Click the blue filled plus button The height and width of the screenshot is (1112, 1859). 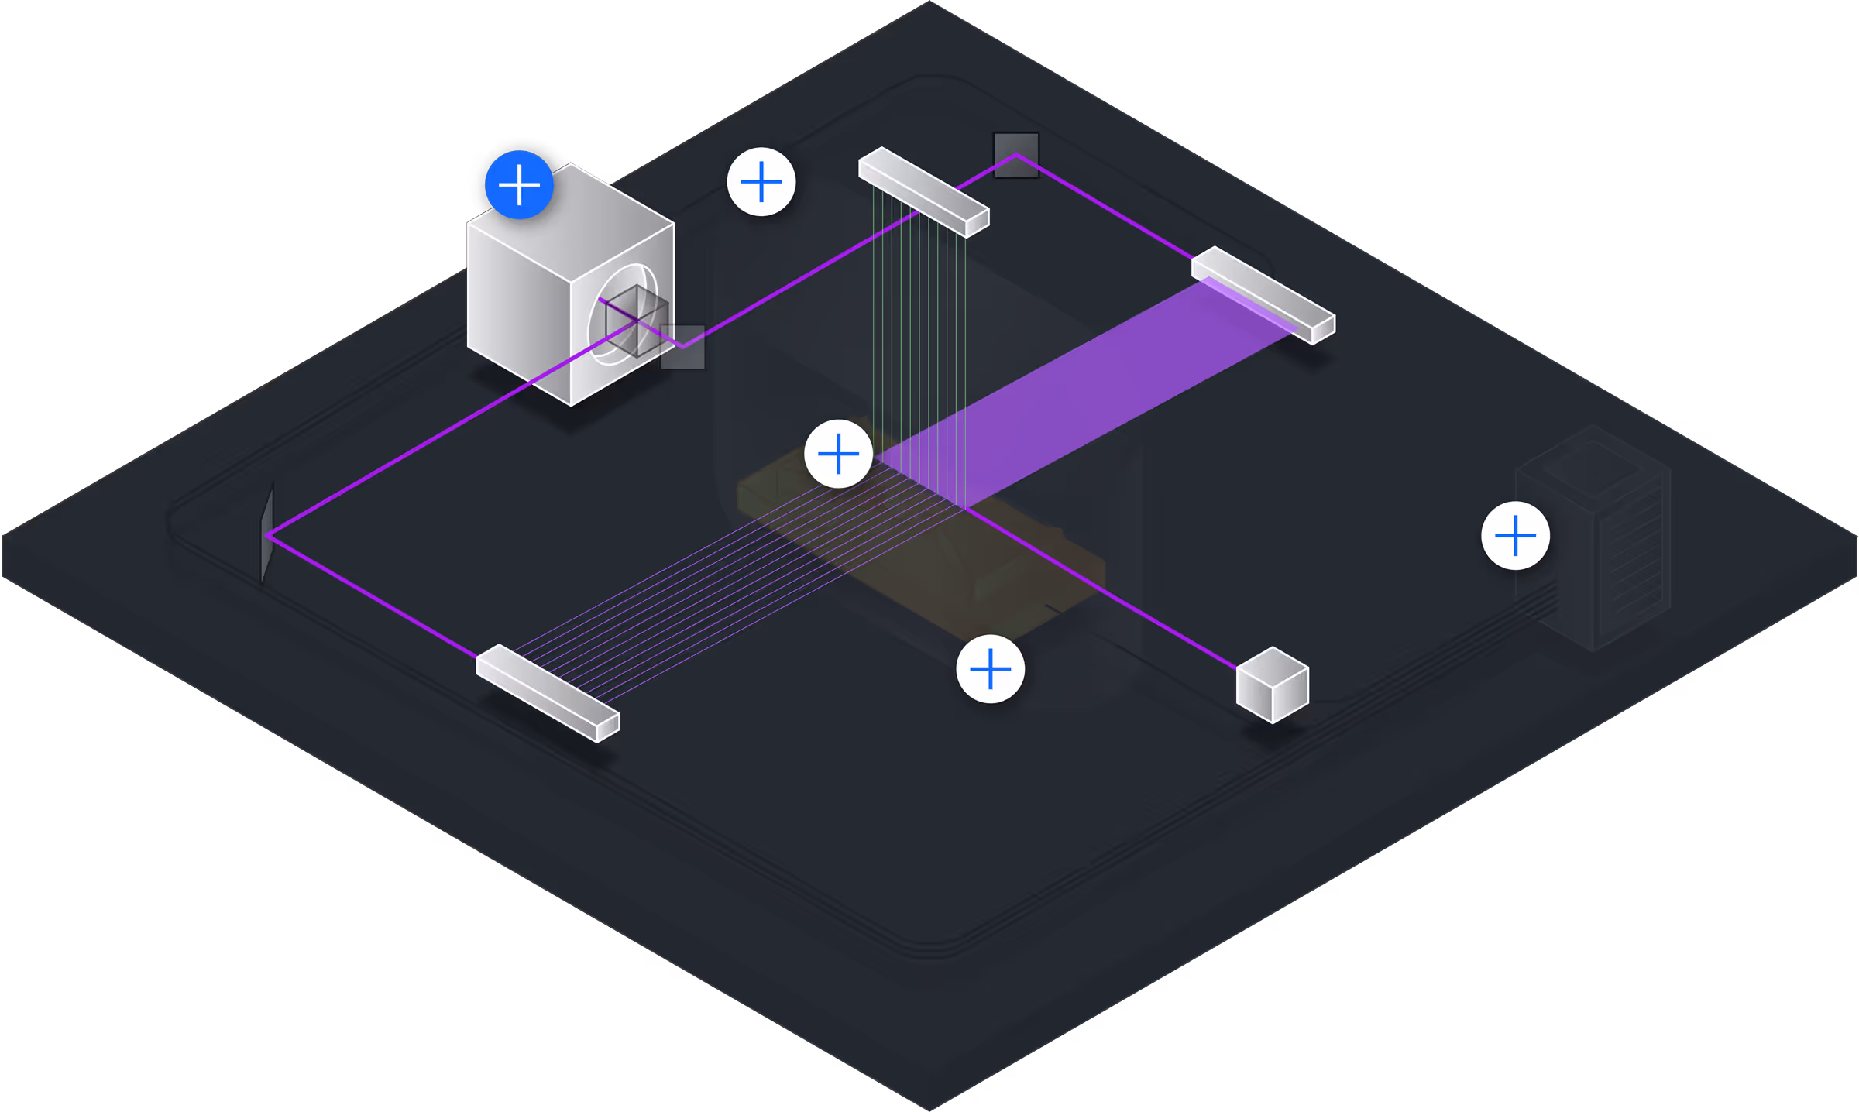pyautogui.click(x=519, y=185)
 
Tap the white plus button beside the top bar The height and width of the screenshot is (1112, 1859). pyautogui.click(x=761, y=182)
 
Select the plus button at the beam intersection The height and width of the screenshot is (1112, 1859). pyautogui.click(x=838, y=454)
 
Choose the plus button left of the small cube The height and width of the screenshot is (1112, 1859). pyautogui.click(x=990, y=669)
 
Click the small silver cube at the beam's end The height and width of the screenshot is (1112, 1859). pyautogui.click(x=1272, y=685)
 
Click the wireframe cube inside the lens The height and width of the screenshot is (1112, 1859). pyautogui.click(x=637, y=321)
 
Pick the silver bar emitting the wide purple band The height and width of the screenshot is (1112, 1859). pyautogui.click(x=1263, y=294)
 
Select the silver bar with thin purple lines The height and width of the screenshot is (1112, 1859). pyautogui.click(x=547, y=692)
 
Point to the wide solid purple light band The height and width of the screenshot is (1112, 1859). pyautogui.click(x=1084, y=395)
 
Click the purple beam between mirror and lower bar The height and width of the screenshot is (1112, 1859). pyautogui.click(x=372, y=595)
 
